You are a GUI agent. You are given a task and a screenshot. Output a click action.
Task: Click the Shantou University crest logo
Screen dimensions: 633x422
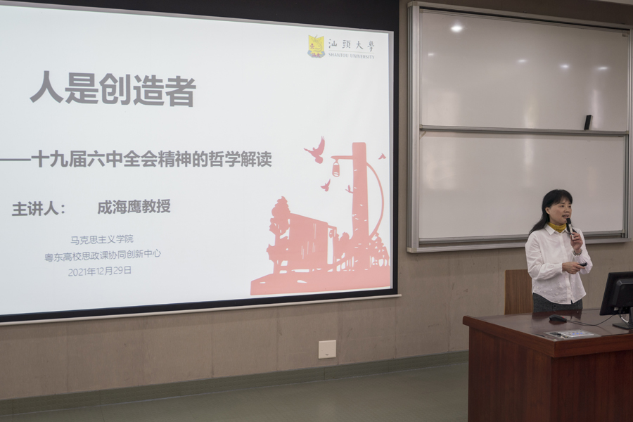(x=316, y=46)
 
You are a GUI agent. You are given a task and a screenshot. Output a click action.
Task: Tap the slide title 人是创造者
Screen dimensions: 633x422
(x=113, y=89)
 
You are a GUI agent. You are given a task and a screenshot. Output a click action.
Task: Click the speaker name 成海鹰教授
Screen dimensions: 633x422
(x=134, y=207)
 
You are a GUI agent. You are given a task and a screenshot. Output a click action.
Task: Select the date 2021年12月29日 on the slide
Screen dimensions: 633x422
(x=100, y=271)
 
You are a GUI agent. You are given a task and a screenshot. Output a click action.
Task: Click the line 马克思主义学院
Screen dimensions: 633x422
(x=102, y=239)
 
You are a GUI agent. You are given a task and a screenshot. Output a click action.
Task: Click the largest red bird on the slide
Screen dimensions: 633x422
(x=315, y=151)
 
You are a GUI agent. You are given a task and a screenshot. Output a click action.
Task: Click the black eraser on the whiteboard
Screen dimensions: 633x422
(x=588, y=122)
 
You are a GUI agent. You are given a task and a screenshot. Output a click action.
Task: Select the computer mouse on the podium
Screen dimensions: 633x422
(x=558, y=319)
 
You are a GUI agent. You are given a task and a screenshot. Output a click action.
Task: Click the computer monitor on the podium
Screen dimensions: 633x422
(x=618, y=297)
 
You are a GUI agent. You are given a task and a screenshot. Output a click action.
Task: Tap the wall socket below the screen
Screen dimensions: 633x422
(x=327, y=350)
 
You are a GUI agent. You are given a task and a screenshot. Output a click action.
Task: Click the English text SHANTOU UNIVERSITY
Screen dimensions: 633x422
(x=351, y=56)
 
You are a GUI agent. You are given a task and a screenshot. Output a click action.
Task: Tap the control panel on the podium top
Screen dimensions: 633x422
(x=569, y=334)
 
